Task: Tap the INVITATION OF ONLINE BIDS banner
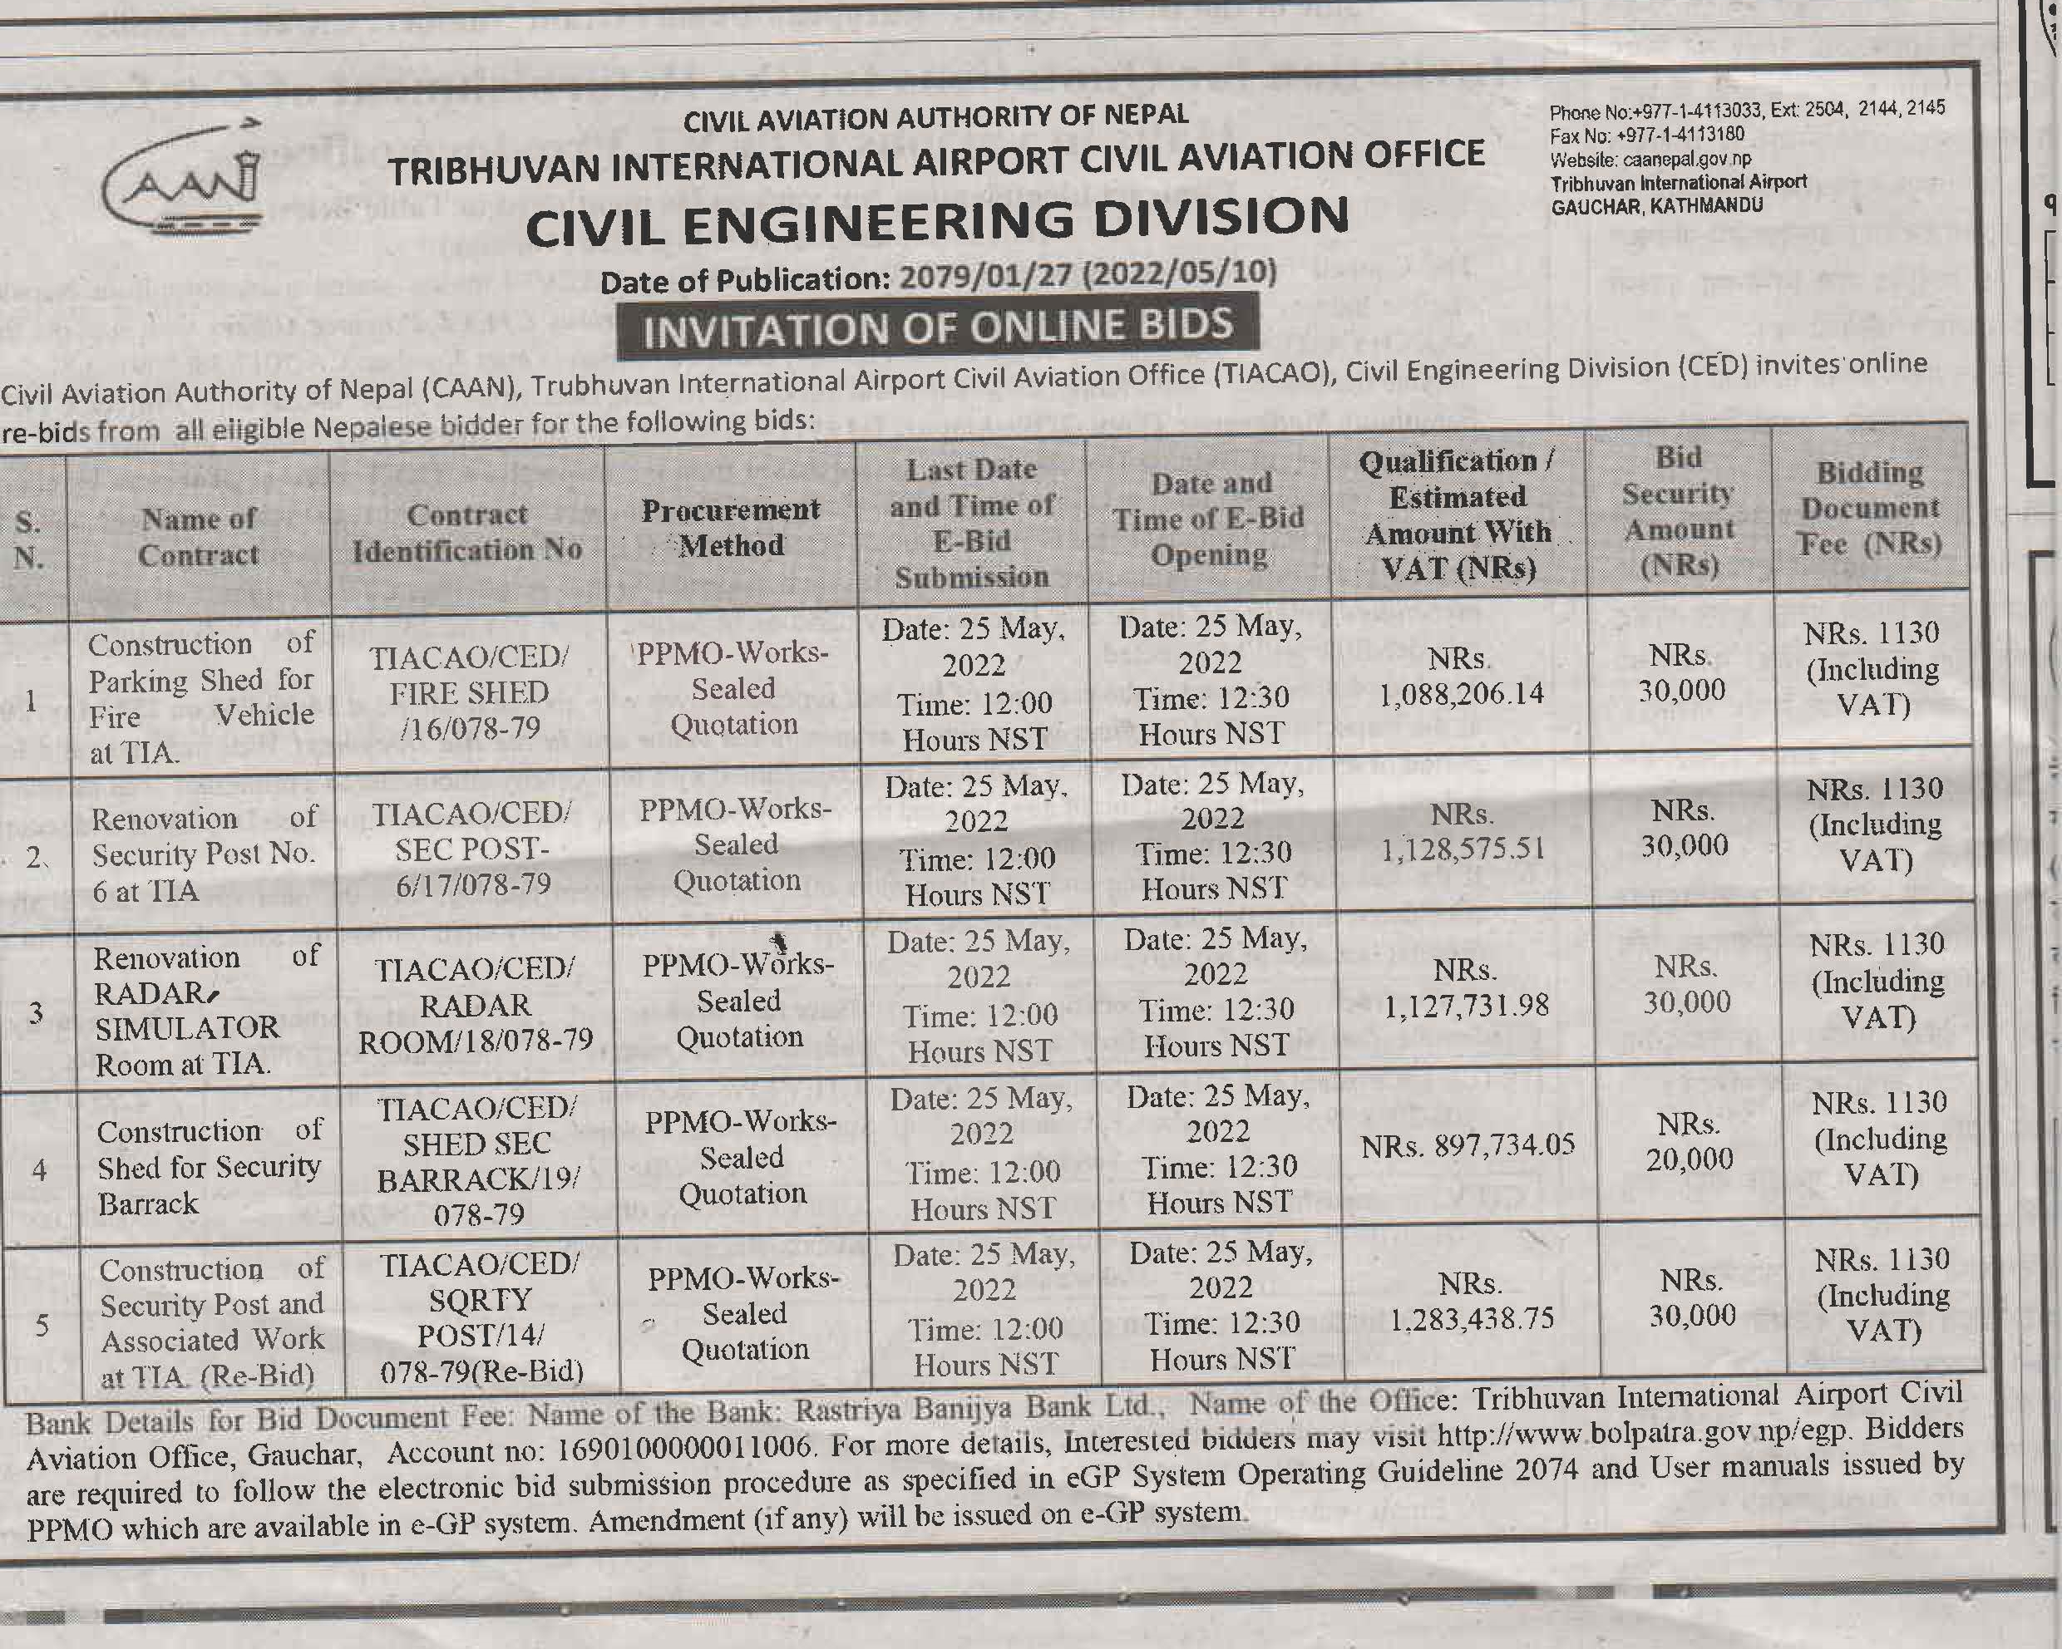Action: pyautogui.click(x=937, y=327)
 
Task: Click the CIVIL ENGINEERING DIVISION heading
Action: pyautogui.click(x=937, y=222)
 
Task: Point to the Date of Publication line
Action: pyautogui.click(x=937, y=276)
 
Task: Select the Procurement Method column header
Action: pyautogui.click(x=731, y=527)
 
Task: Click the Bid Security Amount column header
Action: pyautogui.click(x=1679, y=511)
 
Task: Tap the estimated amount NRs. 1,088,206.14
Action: pyautogui.click(x=1460, y=677)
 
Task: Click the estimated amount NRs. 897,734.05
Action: pyautogui.click(x=1468, y=1144)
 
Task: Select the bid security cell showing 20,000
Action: pyautogui.click(x=1689, y=1141)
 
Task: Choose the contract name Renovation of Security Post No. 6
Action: pyautogui.click(x=203, y=854)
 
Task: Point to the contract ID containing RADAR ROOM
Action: pyautogui.click(x=476, y=1005)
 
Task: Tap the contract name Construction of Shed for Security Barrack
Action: pyautogui.click(x=209, y=1167)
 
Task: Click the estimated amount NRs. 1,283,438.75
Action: pyautogui.click(x=1471, y=1302)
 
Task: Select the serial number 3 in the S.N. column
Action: pyautogui.click(x=36, y=1012)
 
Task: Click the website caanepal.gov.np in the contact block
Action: pyautogui.click(x=1650, y=159)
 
